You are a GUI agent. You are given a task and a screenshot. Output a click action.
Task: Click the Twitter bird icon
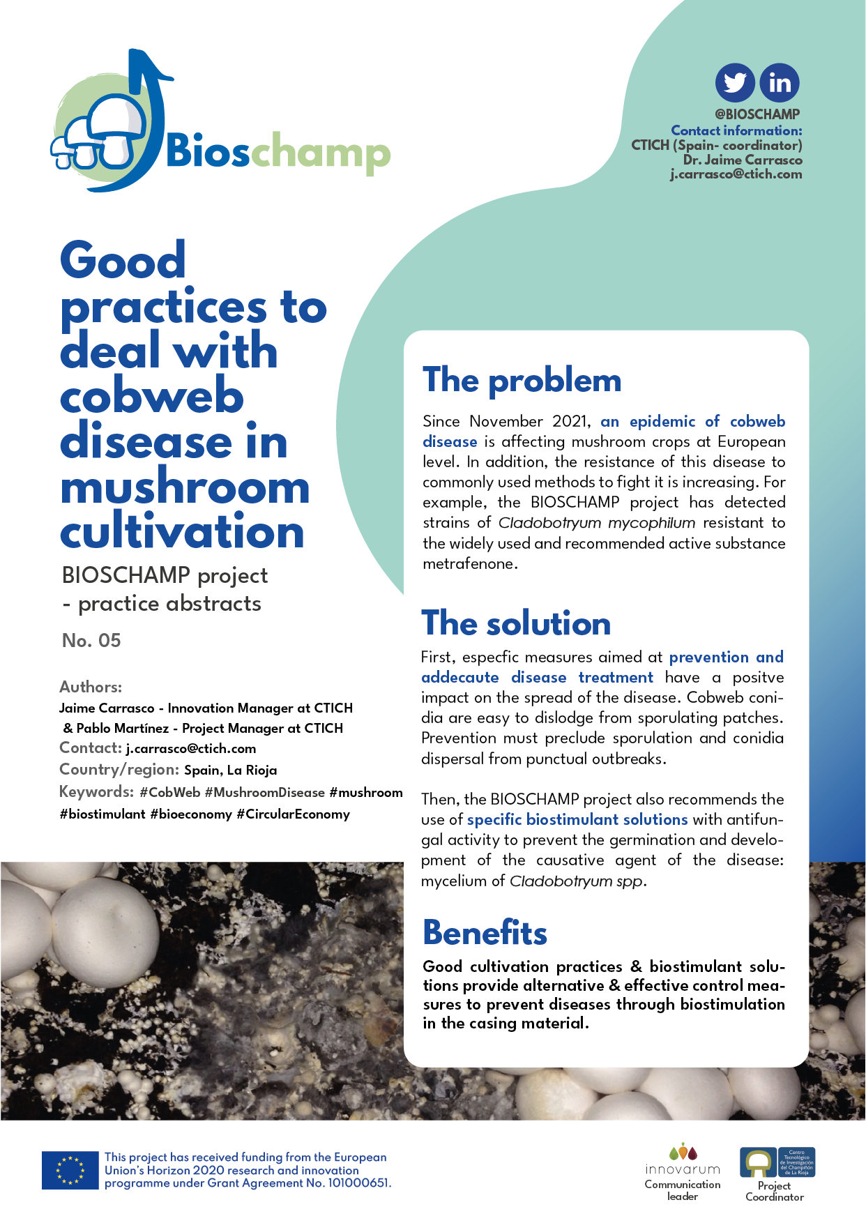[x=735, y=83]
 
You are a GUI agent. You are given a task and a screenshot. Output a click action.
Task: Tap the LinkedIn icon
[x=780, y=83]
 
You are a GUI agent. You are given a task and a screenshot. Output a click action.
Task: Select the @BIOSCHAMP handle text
[x=757, y=114]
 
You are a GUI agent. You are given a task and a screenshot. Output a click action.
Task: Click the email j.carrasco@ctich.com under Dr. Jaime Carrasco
[x=736, y=174]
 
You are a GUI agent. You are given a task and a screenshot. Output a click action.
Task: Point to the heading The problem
[x=522, y=381]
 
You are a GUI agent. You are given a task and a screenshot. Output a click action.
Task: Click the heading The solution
[x=516, y=623]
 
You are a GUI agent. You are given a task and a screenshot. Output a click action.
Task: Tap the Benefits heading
[x=485, y=933]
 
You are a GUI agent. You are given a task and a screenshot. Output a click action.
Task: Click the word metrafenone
[x=469, y=564]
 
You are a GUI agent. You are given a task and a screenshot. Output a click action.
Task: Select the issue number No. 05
[x=91, y=641]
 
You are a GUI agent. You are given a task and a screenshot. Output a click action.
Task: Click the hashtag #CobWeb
[x=169, y=793]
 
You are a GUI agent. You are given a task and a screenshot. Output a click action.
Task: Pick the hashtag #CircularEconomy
[x=293, y=814]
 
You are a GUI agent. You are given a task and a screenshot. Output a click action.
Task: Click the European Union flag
[x=70, y=1170]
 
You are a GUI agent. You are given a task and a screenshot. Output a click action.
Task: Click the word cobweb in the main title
[x=152, y=397]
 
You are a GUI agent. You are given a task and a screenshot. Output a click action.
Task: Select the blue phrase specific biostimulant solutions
[x=577, y=820]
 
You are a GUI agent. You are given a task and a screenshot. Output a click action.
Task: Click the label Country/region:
[x=119, y=770]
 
